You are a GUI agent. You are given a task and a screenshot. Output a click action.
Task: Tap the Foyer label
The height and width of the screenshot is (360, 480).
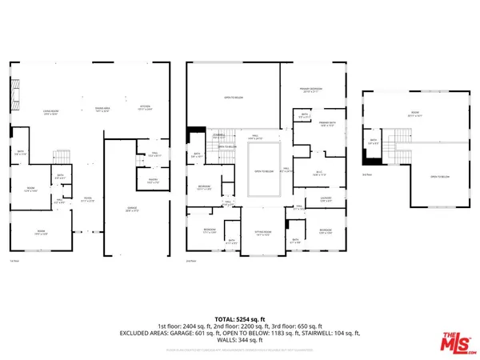[90, 200]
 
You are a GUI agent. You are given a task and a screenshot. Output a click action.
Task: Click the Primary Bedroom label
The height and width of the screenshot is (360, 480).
[311, 90]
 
